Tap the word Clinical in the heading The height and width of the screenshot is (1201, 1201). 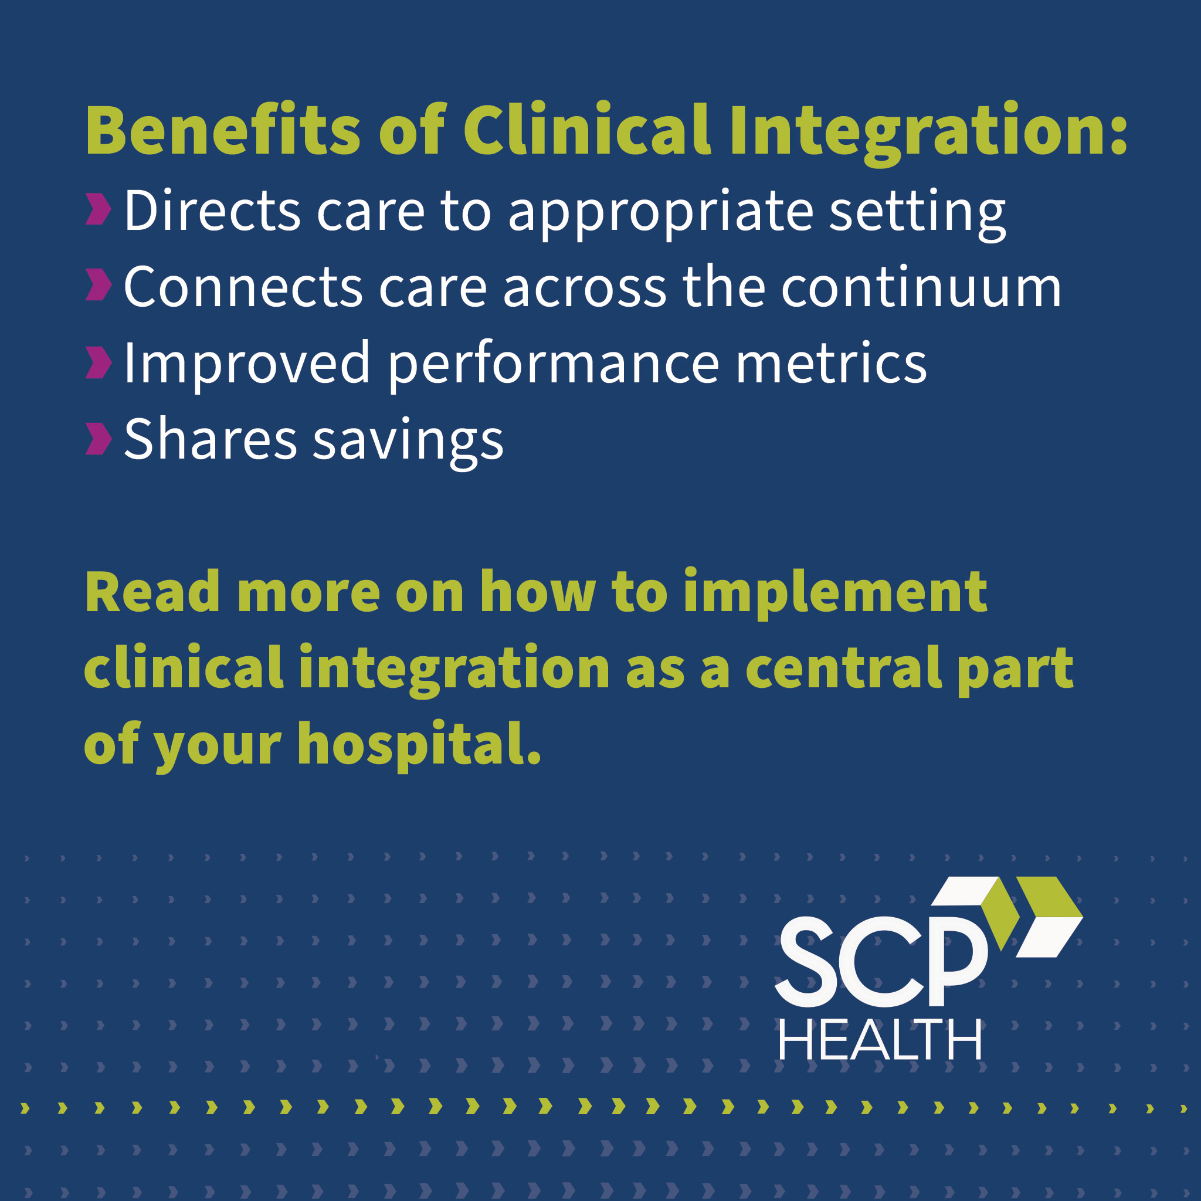(587, 131)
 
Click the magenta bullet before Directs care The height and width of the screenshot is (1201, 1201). (98, 209)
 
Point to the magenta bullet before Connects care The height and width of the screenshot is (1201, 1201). (98, 286)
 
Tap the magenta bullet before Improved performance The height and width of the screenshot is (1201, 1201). (98, 362)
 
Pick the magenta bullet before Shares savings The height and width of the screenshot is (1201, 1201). (98, 439)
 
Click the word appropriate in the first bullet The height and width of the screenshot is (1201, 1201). (660, 213)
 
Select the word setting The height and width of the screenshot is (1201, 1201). (917, 213)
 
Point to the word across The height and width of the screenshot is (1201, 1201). (584, 289)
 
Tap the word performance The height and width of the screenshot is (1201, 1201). (553, 365)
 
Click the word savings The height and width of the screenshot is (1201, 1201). (407, 442)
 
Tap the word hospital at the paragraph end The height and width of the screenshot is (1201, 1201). (418, 745)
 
